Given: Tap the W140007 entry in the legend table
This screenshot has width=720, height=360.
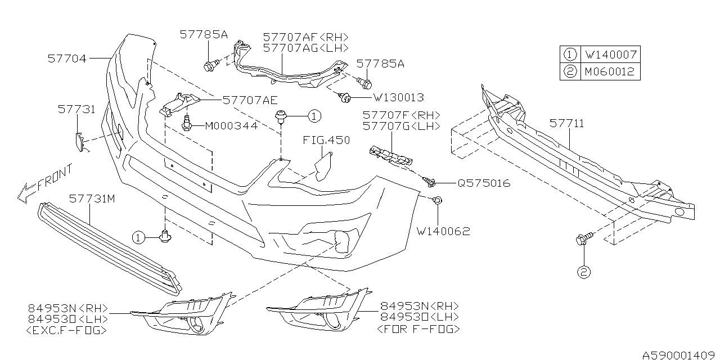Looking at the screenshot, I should click(610, 55).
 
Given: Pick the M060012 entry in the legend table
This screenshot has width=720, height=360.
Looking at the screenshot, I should click(610, 72).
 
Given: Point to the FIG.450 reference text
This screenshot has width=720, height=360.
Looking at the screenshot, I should click(326, 141).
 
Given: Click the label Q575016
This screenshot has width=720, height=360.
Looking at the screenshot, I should click(484, 183).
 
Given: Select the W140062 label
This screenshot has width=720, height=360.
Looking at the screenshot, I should click(443, 231).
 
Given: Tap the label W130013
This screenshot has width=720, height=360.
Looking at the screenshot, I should click(398, 97).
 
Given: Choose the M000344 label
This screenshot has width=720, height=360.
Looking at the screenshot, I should click(231, 126).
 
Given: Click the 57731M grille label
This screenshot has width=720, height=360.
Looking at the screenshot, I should click(92, 199).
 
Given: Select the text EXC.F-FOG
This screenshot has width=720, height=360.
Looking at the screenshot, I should click(66, 331).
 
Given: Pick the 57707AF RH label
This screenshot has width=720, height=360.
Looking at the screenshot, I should click(305, 37).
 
